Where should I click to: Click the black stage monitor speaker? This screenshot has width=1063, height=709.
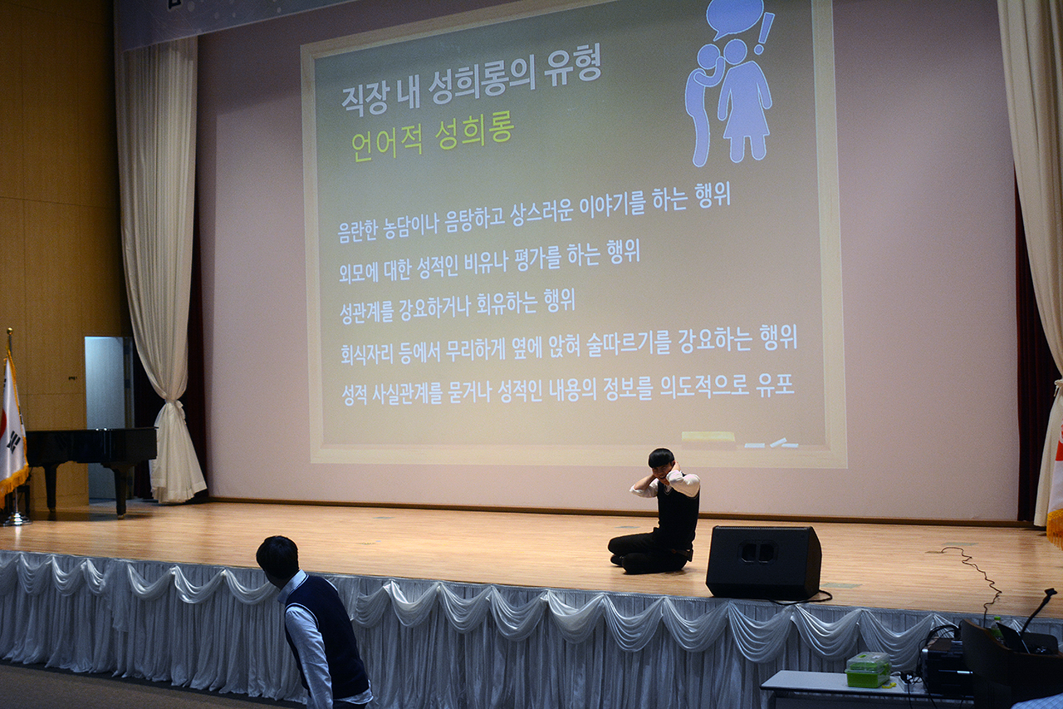[763, 562]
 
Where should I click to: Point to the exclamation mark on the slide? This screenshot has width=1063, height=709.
[763, 34]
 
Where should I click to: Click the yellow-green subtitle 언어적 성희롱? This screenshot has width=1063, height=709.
[432, 137]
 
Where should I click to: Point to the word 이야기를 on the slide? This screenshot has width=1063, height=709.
[606, 209]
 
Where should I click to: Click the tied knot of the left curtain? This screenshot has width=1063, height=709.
[173, 407]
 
